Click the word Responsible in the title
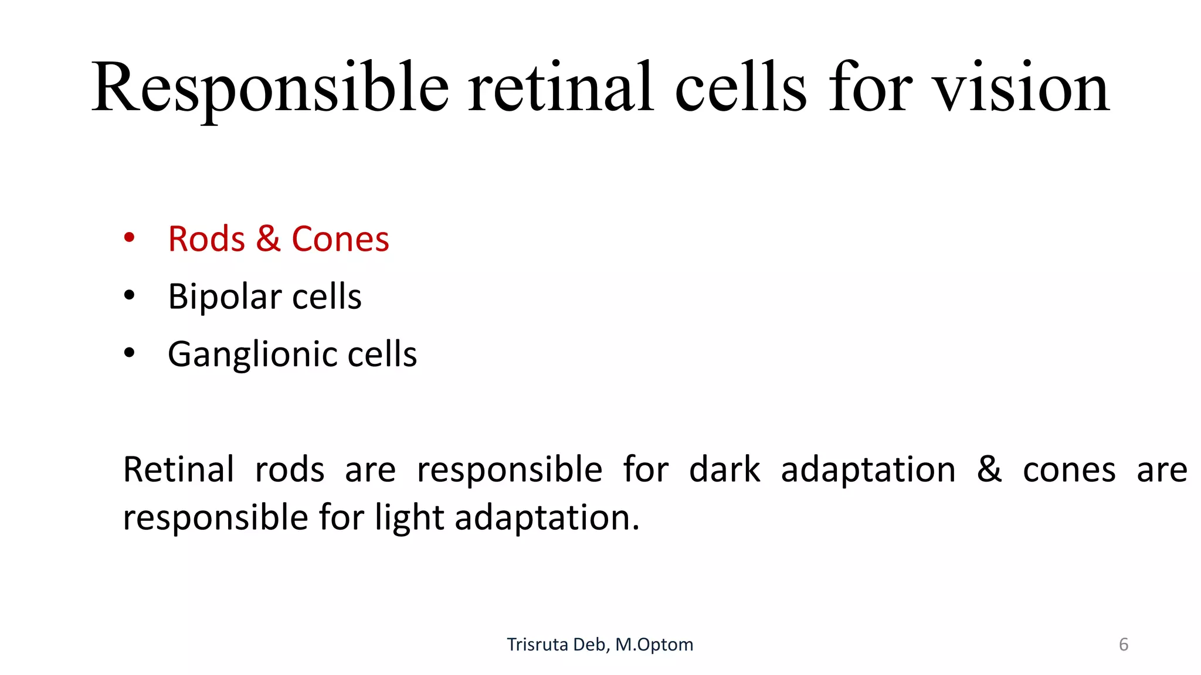click(x=270, y=88)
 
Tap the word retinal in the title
click(x=560, y=88)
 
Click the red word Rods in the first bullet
click(x=206, y=239)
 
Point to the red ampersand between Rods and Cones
click(x=268, y=239)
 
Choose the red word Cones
click(x=340, y=239)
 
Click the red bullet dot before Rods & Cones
click(x=130, y=238)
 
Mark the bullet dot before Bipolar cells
click(x=130, y=295)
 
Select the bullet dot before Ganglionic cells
click(x=130, y=353)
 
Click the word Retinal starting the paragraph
click(x=178, y=469)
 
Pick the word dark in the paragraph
click(x=725, y=469)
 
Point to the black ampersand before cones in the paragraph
click(x=989, y=469)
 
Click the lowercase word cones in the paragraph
click(x=1069, y=471)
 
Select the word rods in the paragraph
click(x=290, y=469)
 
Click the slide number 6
click(x=1124, y=645)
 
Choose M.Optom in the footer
click(x=654, y=645)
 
